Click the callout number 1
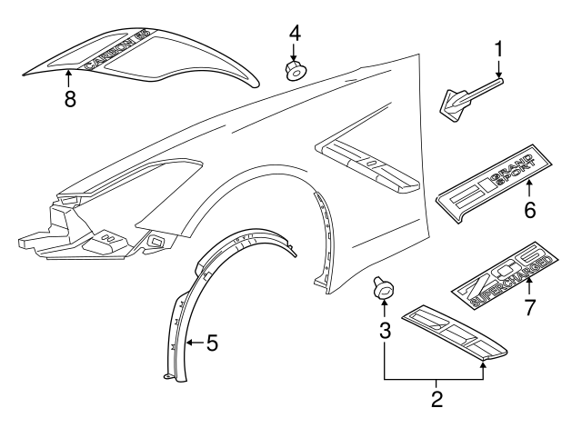click(x=498, y=47)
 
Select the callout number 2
click(x=436, y=397)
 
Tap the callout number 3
click(x=385, y=332)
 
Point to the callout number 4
click(x=294, y=35)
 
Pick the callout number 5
click(x=211, y=343)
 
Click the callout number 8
click(x=69, y=99)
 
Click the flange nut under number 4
click(x=295, y=69)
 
